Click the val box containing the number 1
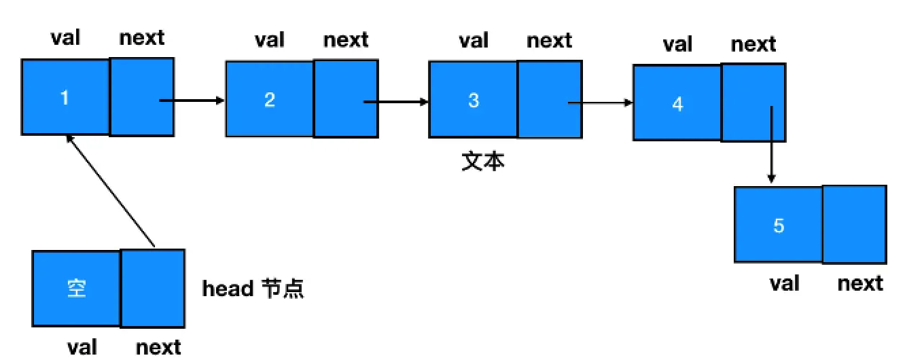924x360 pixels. pos(65,97)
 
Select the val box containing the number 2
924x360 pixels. pos(269,99)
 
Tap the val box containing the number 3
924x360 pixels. pos(473,100)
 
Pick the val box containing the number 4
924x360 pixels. pos(677,103)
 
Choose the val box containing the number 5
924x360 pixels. pos(779,224)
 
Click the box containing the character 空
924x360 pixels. pos(76,289)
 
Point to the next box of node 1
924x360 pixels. pos(142,97)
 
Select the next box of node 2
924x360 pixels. pos(346,99)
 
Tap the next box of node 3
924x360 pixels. pos(550,100)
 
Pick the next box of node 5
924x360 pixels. pos(855,224)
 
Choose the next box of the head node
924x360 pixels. pos(153,289)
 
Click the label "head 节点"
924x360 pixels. pos(253,289)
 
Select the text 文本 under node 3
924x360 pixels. pos(483,162)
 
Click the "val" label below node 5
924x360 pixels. pos(784,283)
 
